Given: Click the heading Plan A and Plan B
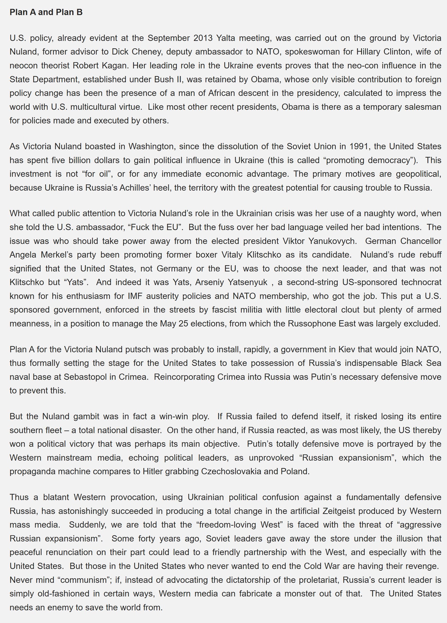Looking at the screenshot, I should (x=46, y=12).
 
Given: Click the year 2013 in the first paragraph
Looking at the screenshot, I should (x=203, y=38).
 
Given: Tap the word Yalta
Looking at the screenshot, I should (x=225, y=38).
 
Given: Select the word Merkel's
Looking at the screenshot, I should (x=57, y=255).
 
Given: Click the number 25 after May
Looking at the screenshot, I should (x=183, y=324).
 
